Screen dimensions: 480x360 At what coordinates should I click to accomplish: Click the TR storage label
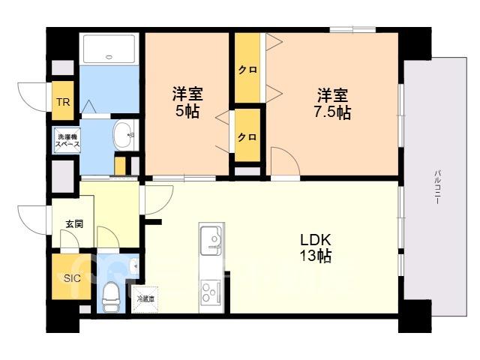tap(63, 102)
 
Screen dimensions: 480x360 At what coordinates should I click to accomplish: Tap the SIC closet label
tap(72, 278)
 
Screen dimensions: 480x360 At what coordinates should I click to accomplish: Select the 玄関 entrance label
tap(74, 224)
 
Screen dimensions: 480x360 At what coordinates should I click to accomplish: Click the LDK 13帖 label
tap(315, 248)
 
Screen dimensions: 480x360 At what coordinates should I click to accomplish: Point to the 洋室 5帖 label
tap(187, 103)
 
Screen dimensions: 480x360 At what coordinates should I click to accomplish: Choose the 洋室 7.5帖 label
tap(332, 103)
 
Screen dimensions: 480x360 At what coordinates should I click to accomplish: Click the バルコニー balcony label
tap(437, 187)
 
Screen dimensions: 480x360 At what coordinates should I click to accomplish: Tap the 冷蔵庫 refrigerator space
tap(145, 300)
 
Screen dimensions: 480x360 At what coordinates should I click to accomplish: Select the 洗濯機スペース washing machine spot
tap(67, 141)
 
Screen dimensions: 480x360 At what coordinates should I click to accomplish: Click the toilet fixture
tap(109, 295)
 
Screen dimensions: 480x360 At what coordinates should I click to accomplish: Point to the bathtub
tap(109, 49)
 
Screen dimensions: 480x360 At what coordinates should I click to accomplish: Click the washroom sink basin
tap(124, 136)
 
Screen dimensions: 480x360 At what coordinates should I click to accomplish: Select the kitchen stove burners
tap(211, 292)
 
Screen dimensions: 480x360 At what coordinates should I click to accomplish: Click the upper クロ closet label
tap(247, 70)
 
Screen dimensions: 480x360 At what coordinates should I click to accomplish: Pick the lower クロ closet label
tap(247, 136)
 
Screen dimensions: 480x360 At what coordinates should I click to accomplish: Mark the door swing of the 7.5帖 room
tap(285, 161)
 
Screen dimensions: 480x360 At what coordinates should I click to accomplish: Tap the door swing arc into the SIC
tap(70, 238)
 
